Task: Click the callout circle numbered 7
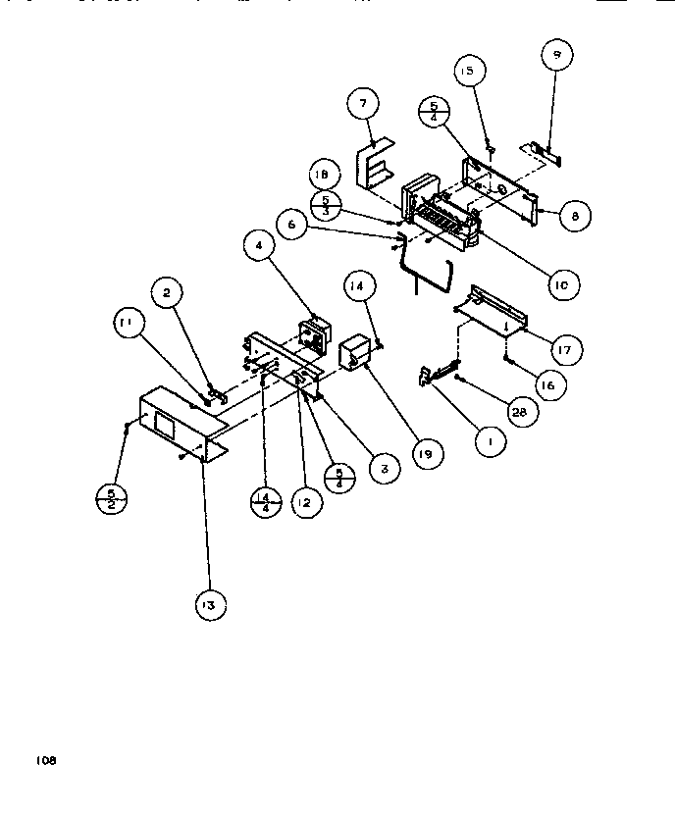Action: (x=363, y=103)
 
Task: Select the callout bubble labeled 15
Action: (x=468, y=72)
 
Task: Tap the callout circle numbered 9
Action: (x=555, y=57)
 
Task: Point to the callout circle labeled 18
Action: (x=324, y=175)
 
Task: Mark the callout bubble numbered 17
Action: (x=566, y=347)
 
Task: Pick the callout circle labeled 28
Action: (x=519, y=414)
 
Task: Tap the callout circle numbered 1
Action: (x=488, y=442)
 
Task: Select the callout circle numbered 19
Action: (x=429, y=454)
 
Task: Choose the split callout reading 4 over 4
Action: (x=266, y=501)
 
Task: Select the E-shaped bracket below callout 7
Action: (x=373, y=163)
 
